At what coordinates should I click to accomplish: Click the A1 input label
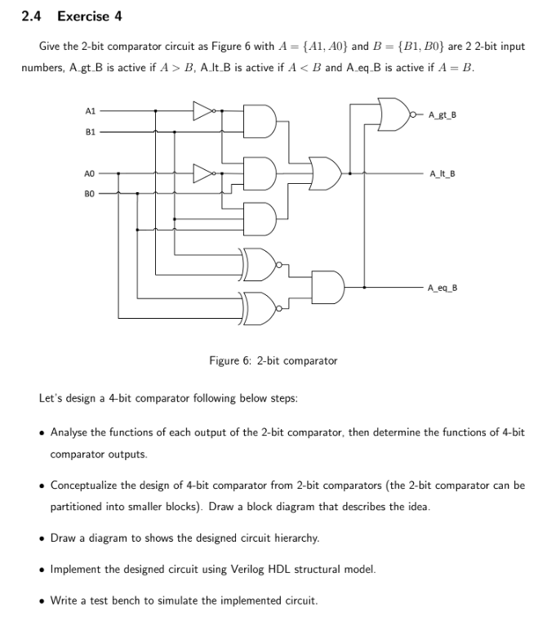tap(91, 112)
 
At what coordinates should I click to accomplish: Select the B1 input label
tap(91, 131)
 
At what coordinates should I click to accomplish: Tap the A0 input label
tap(91, 173)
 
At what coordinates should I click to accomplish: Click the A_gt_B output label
tap(442, 114)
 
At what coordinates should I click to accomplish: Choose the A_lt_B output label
tap(441, 173)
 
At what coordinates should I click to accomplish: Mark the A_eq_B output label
tap(442, 288)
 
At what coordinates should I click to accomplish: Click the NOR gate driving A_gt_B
tap(395, 114)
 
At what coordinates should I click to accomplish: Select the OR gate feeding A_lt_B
tap(327, 172)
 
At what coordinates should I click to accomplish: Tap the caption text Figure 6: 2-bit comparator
tap(273, 360)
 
